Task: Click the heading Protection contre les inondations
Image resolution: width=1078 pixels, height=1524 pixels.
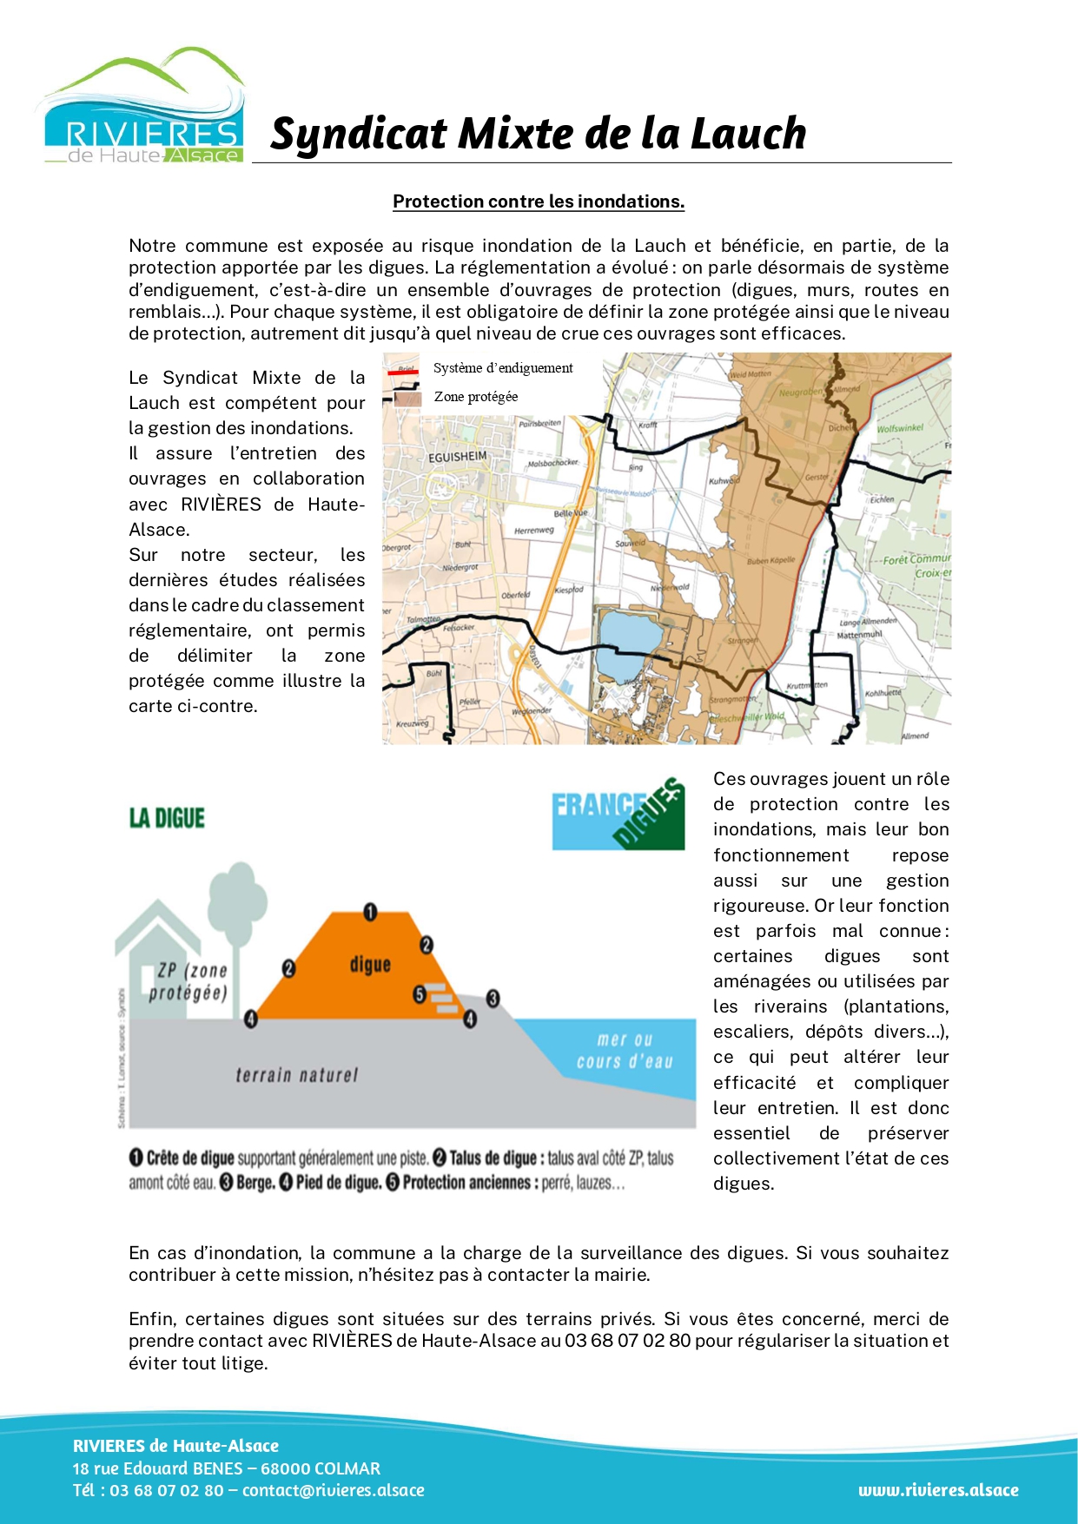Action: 539,201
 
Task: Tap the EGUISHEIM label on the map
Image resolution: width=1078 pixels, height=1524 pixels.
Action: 458,456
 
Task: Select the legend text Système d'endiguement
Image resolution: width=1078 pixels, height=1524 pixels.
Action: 503,368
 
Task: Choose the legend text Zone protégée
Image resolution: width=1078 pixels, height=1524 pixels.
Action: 476,397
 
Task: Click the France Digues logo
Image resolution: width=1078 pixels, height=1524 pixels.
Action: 618,813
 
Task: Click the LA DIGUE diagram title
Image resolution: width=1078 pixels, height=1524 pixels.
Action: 167,818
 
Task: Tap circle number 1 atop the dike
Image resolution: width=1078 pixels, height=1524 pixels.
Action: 370,912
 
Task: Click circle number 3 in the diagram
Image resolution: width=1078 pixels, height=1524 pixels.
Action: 493,998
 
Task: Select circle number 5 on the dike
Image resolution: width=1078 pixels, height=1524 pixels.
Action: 419,994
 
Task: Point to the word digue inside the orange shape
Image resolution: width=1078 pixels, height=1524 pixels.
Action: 370,964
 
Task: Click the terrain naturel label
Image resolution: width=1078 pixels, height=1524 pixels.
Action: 296,1075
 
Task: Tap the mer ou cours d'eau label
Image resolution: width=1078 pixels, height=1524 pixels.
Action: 625,1051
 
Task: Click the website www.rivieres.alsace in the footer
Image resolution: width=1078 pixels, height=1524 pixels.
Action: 938,1490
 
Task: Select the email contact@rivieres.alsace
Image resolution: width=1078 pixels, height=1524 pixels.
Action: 334,1490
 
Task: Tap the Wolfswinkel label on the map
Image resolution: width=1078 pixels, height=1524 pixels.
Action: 900,428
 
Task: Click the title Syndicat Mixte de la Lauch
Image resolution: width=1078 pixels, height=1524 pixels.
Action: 538,134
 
